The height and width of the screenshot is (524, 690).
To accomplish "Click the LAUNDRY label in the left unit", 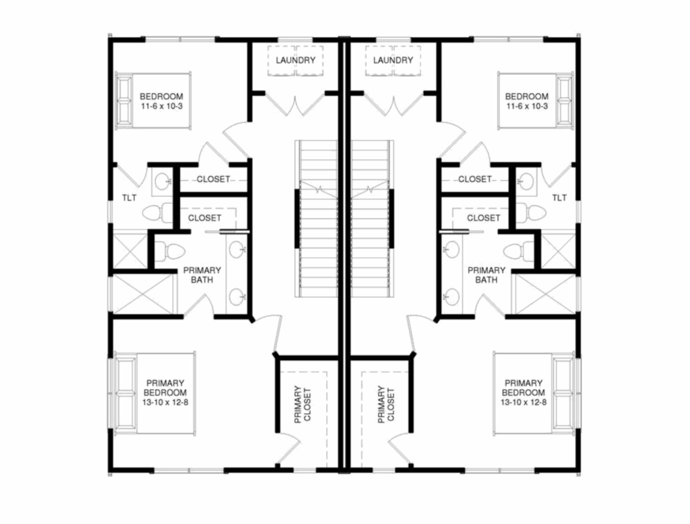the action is [x=296, y=60].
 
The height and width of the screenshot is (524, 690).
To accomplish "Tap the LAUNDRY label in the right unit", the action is [x=393, y=60].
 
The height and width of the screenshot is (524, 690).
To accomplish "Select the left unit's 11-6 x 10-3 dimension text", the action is [x=162, y=106].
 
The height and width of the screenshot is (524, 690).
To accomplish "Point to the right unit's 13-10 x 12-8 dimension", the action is [x=524, y=402].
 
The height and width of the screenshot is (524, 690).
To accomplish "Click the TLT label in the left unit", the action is [x=129, y=198].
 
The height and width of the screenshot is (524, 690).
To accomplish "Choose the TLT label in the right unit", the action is [x=560, y=198].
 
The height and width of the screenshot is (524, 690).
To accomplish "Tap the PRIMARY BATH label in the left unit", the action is [x=202, y=274].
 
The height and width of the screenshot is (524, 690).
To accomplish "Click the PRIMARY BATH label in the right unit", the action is [x=487, y=274].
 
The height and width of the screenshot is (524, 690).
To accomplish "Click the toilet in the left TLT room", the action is [x=158, y=212].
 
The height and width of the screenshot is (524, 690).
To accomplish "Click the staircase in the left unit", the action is [x=317, y=219].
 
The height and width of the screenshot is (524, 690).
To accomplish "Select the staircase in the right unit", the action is [x=372, y=219].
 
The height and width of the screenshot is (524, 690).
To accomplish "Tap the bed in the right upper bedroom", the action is [x=536, y=100].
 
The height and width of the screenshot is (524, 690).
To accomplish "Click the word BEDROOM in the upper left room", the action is [x=162, y=96].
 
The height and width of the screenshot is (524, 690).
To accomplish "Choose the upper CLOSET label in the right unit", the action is [x=475, y=179].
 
